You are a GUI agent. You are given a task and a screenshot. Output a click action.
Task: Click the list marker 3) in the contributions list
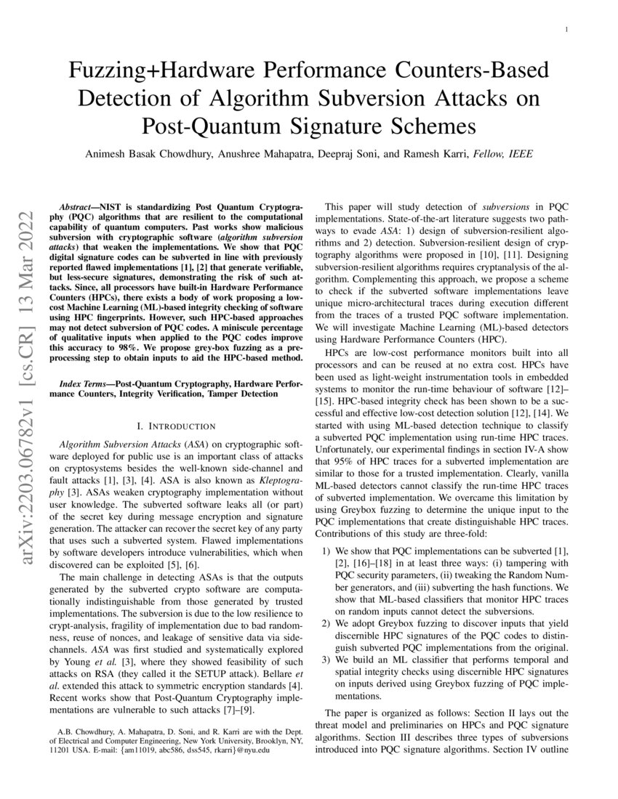326,660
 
